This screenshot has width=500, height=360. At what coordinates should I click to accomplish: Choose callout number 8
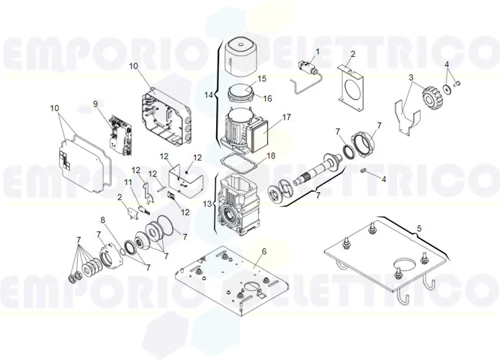[103, 220]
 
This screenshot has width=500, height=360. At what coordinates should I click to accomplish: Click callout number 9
[95, 104]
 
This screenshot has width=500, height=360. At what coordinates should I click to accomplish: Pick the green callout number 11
[128, 183]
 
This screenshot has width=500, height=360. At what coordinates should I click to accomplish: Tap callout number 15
[262, 78]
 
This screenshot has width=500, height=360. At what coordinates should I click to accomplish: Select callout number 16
[267, 99]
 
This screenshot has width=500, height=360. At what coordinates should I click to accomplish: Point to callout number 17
[286, 117]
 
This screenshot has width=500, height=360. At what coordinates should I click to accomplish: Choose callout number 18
[271, 156]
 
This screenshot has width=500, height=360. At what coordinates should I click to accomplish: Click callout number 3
[411, 77]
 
